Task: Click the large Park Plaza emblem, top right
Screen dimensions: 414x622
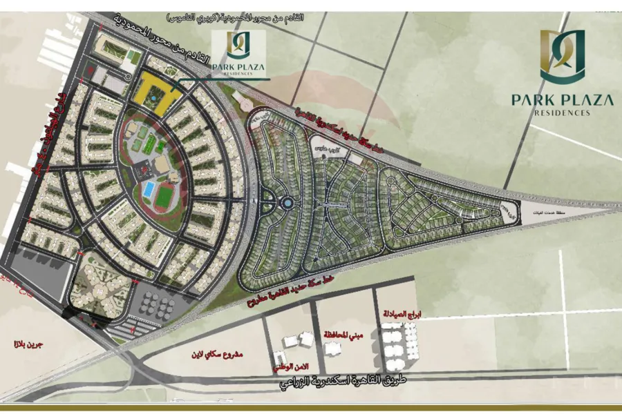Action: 563,55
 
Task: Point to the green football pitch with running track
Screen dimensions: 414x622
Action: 163,197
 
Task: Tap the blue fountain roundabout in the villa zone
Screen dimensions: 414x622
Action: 285,204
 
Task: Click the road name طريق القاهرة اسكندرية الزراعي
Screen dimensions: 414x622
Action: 346,382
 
